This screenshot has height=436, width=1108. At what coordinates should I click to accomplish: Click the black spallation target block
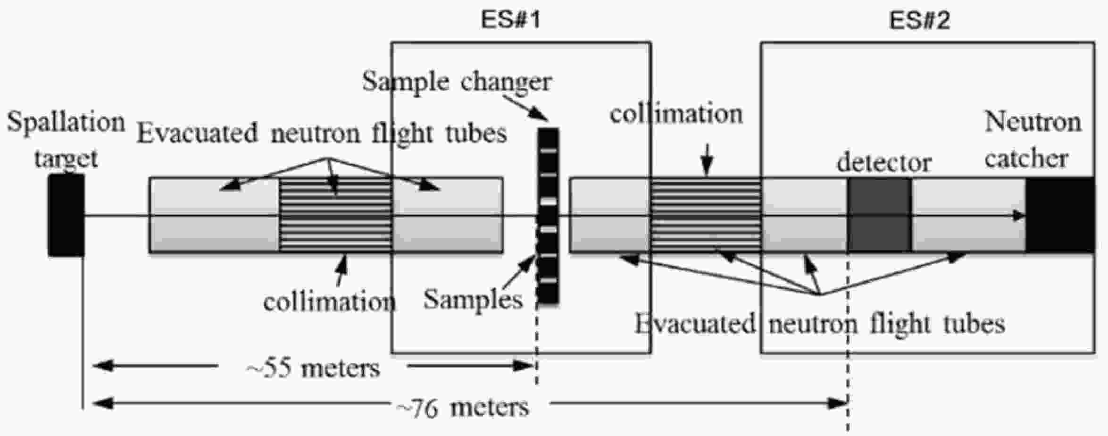pos(67,215)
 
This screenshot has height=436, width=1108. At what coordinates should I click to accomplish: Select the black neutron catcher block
pos(1060,215)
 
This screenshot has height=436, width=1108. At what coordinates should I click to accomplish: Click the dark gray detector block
pos(880,215)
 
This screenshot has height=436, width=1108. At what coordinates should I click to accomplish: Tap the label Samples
pos(473,300)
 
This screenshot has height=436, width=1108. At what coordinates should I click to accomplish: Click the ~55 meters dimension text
pos(313,368)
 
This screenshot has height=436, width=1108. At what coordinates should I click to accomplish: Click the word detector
pos(884,163)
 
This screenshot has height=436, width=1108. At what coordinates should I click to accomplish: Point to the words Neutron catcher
pos(1032,141)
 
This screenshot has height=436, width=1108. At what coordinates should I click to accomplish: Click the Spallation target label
pos(66,140)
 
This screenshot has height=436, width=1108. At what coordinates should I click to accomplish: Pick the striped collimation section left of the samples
pos(336,215)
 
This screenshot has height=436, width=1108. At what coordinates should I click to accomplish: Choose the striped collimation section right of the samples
pos(706,215)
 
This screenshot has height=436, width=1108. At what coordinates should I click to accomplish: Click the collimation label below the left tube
pos(329,302)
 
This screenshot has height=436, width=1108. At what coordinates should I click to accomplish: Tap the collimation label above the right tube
pos(676,114)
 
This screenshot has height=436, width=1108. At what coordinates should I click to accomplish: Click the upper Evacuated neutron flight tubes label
pos(322,134)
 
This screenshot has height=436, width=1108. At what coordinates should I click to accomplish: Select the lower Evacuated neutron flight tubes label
pos(820,325)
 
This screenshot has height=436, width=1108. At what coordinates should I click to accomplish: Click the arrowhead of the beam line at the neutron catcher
pos(1020,216)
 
